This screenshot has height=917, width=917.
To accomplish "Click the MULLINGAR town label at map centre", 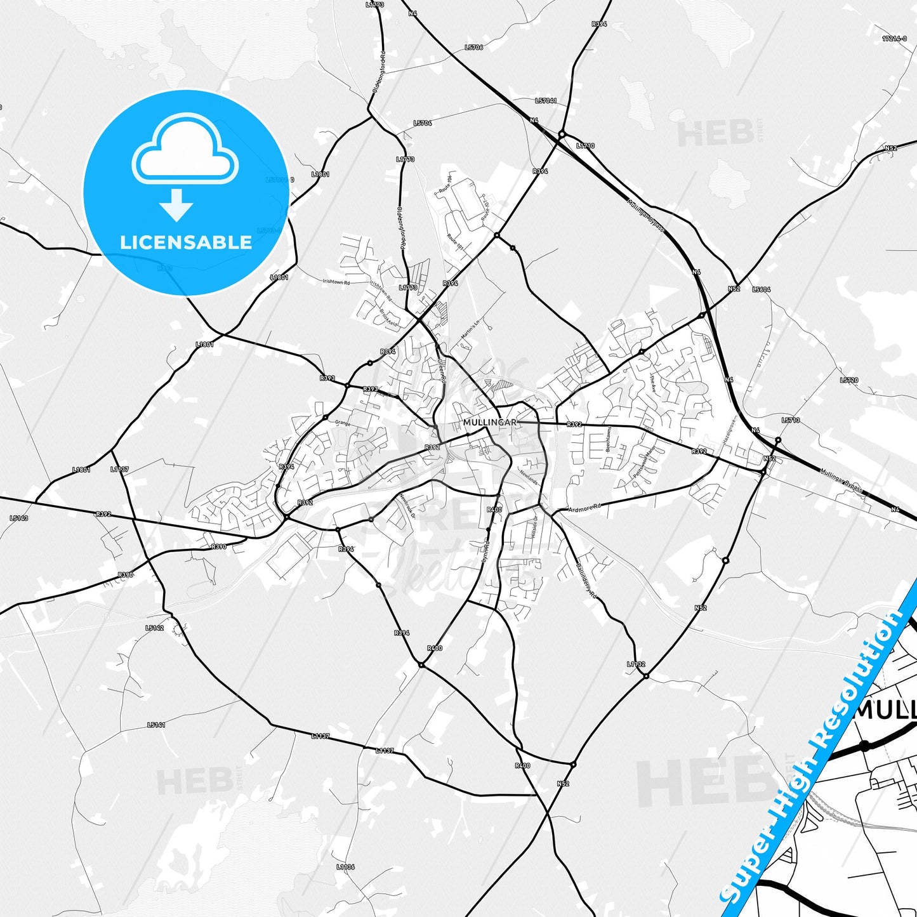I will [x=489, y=422].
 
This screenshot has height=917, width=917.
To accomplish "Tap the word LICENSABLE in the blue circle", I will [x=186, y=242].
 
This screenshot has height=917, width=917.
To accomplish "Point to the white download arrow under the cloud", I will [x=176, y=204].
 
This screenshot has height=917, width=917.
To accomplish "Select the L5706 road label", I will [x=473, y=48].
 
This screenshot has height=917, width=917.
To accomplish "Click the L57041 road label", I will [x=546, y=101].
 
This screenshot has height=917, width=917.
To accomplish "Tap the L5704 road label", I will [x=422, y=123].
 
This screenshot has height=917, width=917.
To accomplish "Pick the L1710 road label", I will [x=585, y=146].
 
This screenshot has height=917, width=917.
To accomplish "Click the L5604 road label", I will [x=761, y=289].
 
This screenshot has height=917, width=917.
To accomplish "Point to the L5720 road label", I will [x=848, y=380].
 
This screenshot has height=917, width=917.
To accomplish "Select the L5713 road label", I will [x=791, y=420].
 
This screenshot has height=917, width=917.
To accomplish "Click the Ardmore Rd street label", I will [x=584, y=509].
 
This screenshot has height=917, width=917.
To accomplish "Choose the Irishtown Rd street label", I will [x=336, y=282].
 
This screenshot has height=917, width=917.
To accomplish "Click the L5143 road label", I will [x=19, y=518].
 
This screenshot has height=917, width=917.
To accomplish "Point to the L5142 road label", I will [x=154, y=628].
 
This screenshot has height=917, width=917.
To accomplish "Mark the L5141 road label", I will [x=156, y=725].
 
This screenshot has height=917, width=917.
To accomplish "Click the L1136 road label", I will [x=346, y=866].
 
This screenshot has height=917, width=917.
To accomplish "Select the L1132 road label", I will [x=636, y=664].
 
